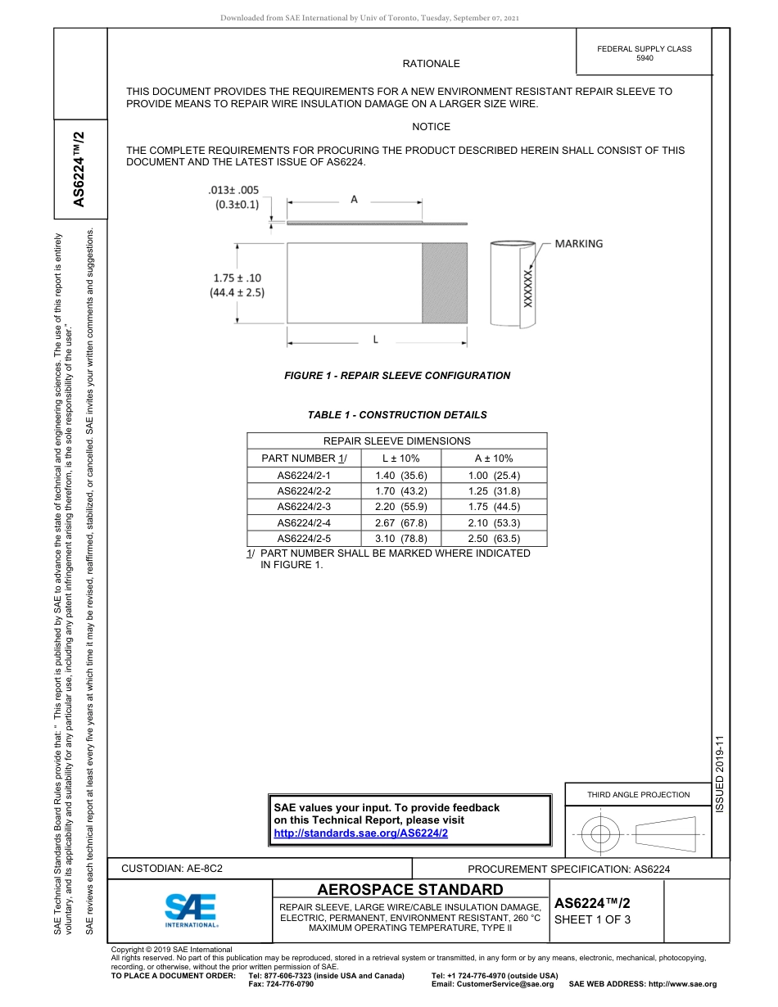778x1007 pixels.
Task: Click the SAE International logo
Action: click(191, 909)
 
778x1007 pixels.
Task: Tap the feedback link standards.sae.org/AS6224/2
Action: click(360, 833)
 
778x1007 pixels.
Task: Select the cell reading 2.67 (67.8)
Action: click(396, 522)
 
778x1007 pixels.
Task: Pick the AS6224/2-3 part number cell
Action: click(304, 507)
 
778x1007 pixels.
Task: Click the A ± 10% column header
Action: click(494, 458)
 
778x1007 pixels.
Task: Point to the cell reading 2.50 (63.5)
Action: click(494, 539)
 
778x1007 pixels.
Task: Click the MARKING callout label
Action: click(578, 244)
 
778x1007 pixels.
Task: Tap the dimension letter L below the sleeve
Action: click(375, 339)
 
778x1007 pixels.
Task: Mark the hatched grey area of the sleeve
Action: click(444, 282)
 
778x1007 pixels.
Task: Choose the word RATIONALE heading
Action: click(431, 64)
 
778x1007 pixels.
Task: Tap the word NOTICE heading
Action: click(431, 127)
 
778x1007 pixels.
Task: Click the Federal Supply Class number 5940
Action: click(645, 58)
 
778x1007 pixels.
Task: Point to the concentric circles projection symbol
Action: click(600, 834)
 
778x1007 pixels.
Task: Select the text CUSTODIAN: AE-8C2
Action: click(172, 868)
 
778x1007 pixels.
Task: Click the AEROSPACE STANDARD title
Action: click(410, 889)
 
